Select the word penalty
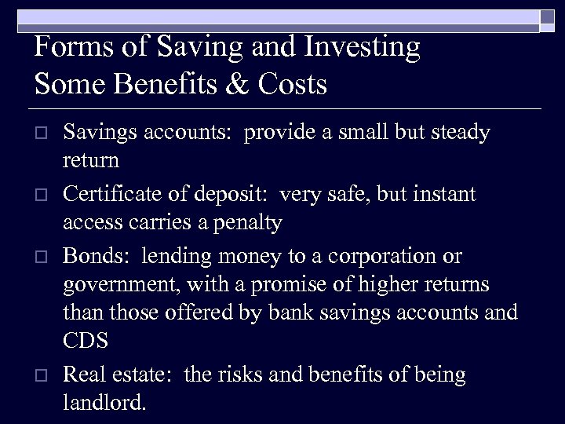244,224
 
